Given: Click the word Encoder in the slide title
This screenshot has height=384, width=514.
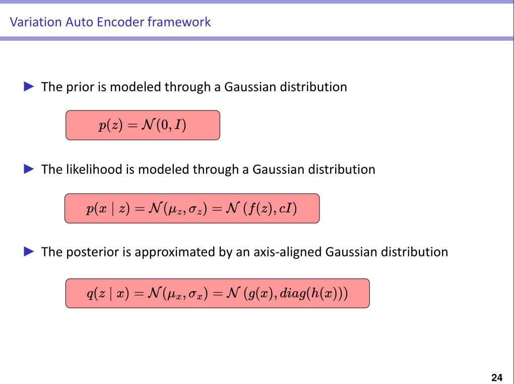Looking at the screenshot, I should (124, 22).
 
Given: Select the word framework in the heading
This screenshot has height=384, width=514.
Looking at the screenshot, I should (179, 22).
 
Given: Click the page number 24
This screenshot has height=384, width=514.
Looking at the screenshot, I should (496, 377).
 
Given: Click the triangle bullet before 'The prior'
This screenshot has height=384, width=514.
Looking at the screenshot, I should (29, 87).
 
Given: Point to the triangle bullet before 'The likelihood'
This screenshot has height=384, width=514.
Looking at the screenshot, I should (29, 169).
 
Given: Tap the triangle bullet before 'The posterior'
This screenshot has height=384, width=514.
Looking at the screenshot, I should (29, 251).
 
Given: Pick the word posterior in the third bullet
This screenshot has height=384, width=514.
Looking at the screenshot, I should (92, 252).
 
